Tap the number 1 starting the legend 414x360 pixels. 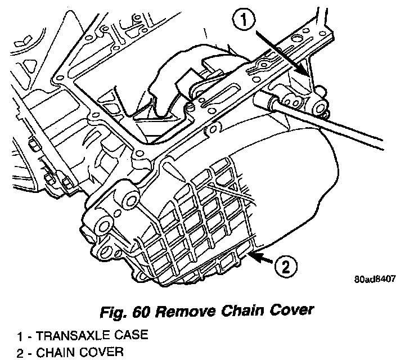[20, 337]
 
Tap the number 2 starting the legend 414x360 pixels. [20, 353]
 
